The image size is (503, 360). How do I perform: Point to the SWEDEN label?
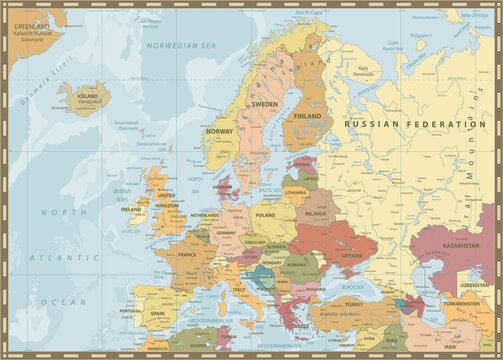[x=264, y=104]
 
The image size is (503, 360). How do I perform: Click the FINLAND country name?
[x=307, y=116]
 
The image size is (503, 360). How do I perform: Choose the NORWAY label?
[x=218, y=132]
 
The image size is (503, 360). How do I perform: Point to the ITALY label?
[x=239, y=290]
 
